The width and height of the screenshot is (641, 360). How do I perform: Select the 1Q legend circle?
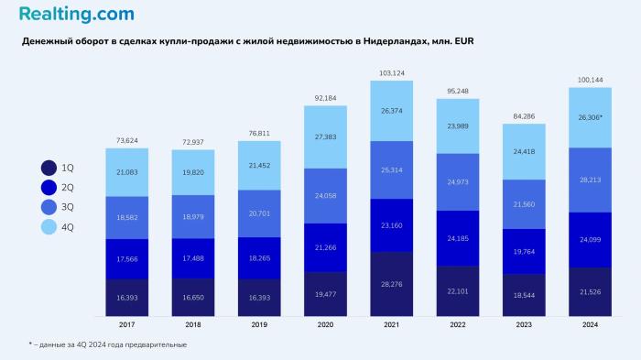(x=49, y=168)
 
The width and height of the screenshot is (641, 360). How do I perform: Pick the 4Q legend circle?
(x=49, y=225)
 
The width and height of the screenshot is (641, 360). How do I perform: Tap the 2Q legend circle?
(x=49, y=187)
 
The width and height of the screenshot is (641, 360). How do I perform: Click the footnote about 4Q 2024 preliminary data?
(x=107, y=344)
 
